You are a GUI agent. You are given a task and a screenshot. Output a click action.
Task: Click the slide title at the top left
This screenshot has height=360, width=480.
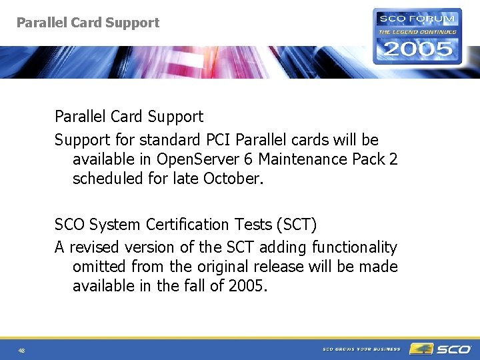(x=88, y=23)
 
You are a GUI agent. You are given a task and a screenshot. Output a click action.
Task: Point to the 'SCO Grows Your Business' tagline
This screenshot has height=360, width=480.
(x=361, y=349)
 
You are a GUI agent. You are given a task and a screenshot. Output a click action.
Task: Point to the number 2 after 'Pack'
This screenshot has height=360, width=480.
(x=393, y=159)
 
